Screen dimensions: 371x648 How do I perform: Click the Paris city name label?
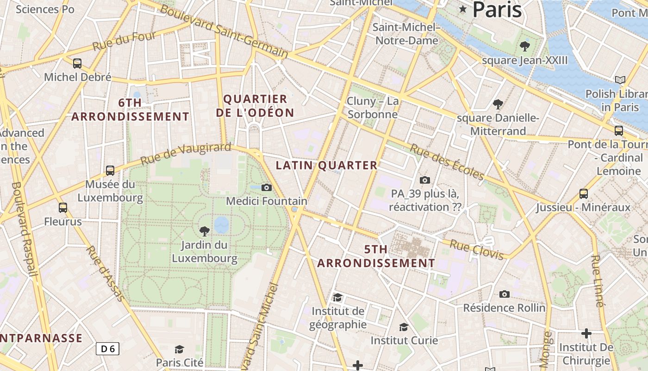pyautogui.click(x=497, y=10)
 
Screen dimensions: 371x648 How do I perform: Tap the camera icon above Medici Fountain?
pyautogui.click(x=266, y=187)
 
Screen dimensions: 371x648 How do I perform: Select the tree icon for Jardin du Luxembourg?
pyautogui.click(x=204, y=231)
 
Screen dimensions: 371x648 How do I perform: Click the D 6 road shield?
pyautogui.click(x=107, y=349)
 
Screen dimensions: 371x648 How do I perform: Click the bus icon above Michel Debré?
pyautogui.click(x=77, y=64)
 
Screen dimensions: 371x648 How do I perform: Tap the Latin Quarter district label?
pyautogui.click(x=327, y=165)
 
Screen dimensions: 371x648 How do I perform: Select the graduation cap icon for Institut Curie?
pyautogui.click(x=404, y=327)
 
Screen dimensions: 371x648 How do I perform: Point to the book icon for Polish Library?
pyautogui.click(x=620, y=80)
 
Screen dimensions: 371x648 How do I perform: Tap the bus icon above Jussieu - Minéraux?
pyautogui.click(x=583, y=193)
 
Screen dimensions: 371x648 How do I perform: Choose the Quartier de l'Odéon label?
pyautogui.click(x=255, y=106)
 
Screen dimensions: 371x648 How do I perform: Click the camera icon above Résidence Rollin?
pyautogui.click(x=504, y=294)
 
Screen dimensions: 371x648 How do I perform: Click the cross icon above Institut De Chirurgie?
pyautogui.click(x=586, y=333)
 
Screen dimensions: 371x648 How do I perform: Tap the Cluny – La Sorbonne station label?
pyautogui.click(x=373, y=108)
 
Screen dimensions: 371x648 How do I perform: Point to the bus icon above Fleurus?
pyautogui.click(x=63, y=208)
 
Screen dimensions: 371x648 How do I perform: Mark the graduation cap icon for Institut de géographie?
pyautogui.click(x=338, y=297)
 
